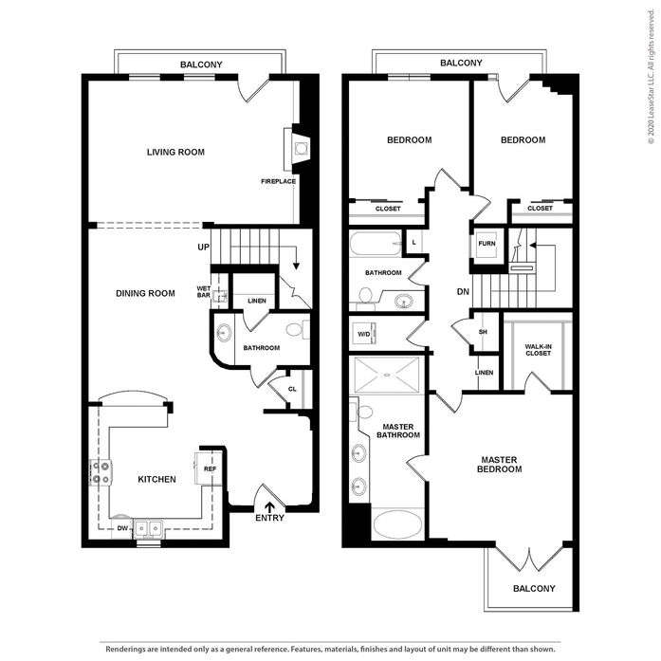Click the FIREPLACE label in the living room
[x=278, y=181]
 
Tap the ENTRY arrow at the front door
[x=269, y=507]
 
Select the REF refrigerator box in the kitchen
[x=209, y=468]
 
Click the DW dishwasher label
[x=122, y=528]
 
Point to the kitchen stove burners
[x=101, y=472]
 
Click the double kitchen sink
[x=148, y=528]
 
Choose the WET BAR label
[x=204, y=292]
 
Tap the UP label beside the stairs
[x=203, y=247]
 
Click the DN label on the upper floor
[x=463, y=291]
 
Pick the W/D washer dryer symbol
[x=365, y=334]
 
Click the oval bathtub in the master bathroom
[x=397, y=524]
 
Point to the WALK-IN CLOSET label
[x=538, y=350]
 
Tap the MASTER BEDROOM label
[x=499, y=464]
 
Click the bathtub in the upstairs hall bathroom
[x=376, y=243]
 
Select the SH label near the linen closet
[x=483, y=332]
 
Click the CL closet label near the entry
[x=292, y=389]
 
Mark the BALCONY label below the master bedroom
[x=534, y=589]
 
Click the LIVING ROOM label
[x=175, y=152]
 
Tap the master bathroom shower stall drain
[x=386, y=375]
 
